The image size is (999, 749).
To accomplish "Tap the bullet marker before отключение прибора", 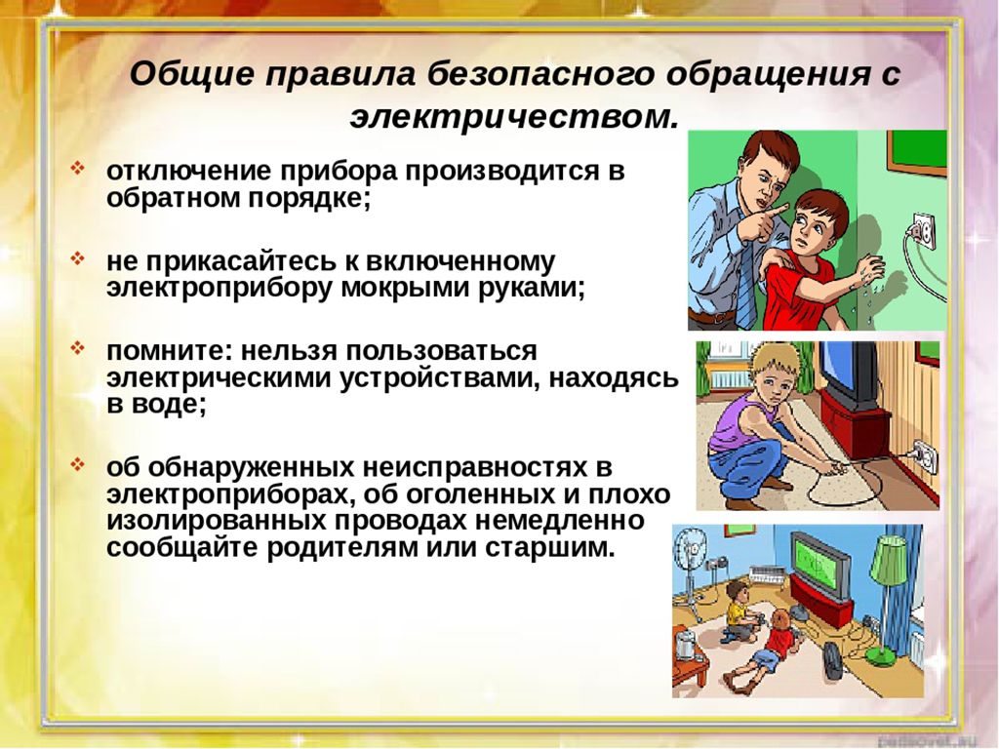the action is [77, 169].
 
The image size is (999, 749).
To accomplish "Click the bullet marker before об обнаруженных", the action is [77, 464].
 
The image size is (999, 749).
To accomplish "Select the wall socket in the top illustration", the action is [923, 231].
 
